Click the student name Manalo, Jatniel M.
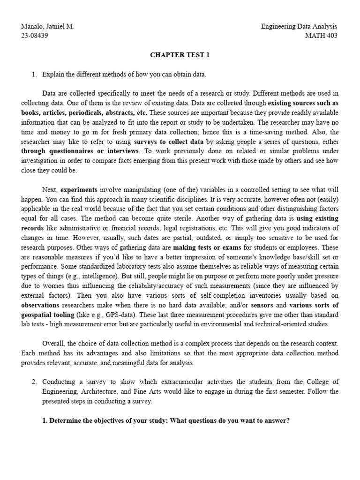(x=48, y=27)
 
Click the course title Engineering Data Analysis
(x=299, y=27)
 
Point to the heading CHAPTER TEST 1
(x=180, y=55)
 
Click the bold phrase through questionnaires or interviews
(x=80, y=151)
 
